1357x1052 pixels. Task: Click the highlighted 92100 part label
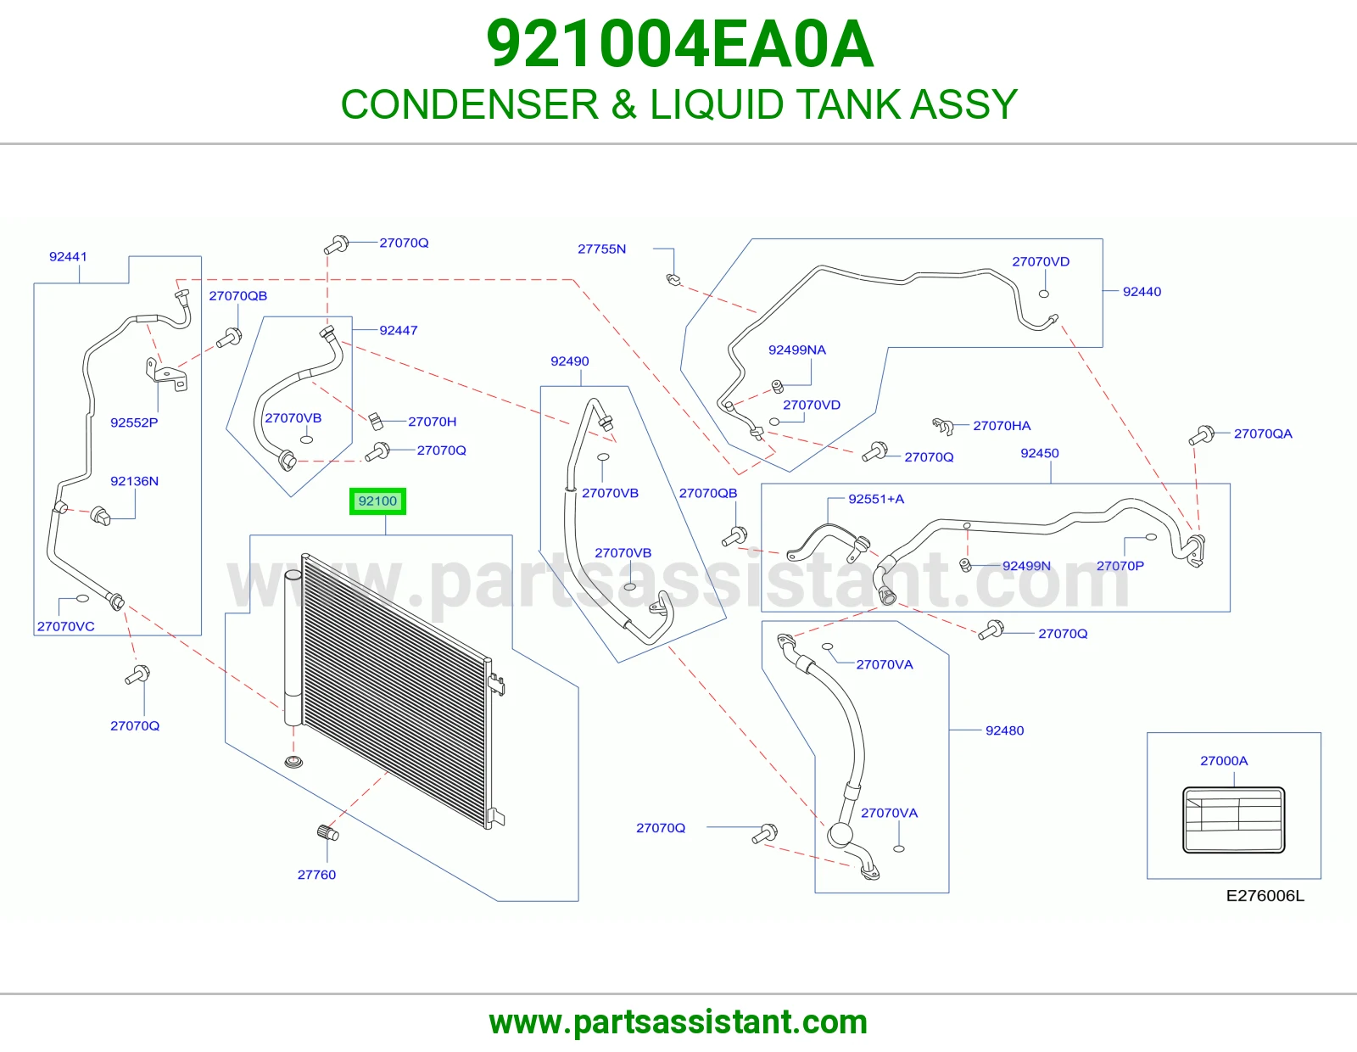377,501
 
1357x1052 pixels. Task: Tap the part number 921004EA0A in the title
680,44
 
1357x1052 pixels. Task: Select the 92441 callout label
68,257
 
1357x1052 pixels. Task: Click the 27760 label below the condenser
316,875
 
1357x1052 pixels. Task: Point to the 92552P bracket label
134,422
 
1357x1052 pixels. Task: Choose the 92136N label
134,481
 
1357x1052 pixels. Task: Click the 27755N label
601,249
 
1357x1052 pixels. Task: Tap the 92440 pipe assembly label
1142,292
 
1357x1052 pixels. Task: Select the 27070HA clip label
1002,425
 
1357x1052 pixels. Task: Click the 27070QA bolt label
1263,434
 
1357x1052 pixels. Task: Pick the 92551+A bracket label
875,499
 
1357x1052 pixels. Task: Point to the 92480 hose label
1004,730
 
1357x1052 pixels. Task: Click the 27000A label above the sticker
1224,760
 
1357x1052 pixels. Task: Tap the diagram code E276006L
1265,895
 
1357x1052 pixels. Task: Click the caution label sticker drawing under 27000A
1233,820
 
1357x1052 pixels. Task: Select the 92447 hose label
399,331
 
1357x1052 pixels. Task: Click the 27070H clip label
433,422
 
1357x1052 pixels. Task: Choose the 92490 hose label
570,361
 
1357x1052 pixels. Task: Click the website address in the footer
678,1022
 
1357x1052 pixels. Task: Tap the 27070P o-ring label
1120,565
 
